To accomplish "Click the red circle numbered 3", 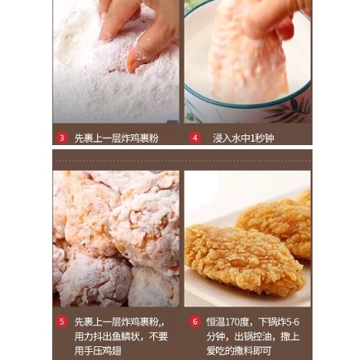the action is pos(62,138).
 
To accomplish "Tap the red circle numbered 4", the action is pos(195,138).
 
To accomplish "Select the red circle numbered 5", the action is pos(62,322).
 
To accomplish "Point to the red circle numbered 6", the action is pos(195,322).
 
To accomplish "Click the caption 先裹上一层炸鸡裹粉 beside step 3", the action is pos(116,138).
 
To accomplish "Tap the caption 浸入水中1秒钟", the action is pos(243,138).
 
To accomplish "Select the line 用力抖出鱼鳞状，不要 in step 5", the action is pos(121,337).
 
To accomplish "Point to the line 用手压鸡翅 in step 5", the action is pos(98,351).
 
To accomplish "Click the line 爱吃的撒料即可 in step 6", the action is pos(239,351).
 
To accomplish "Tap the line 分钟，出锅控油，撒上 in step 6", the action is pos(253,337).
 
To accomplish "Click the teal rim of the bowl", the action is pos(247,105).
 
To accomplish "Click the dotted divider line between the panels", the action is pos(183,161).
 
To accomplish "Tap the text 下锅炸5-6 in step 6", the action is pos(279,322).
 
